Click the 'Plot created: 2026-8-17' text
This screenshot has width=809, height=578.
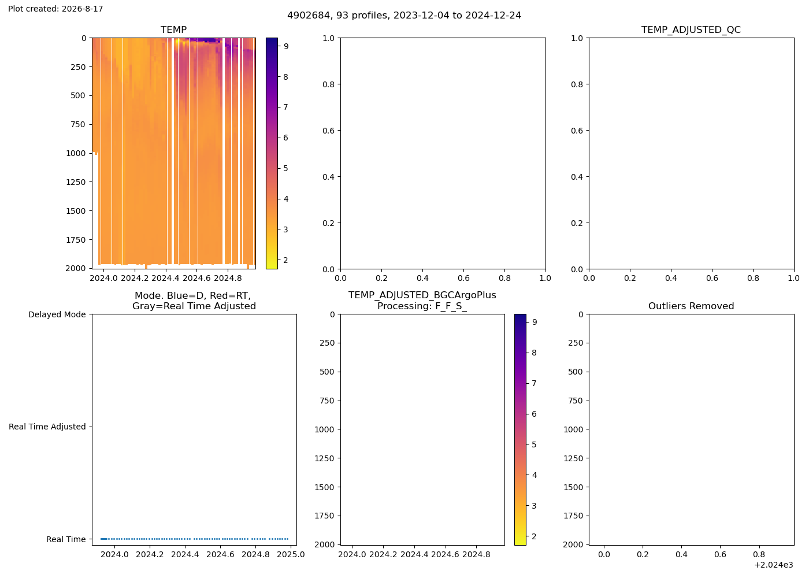(x=55, y=9)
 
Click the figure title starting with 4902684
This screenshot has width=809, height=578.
(x=404, y=16)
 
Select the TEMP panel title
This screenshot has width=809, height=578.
(x=174, y=29)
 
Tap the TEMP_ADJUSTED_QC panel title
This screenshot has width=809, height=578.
(x=691, y=29)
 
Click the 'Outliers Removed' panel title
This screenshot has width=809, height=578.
(x=691, y=306)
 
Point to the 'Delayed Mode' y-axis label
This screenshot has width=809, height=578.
(x=57, y=314)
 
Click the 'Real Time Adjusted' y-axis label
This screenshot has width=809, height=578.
(x=47, y=427)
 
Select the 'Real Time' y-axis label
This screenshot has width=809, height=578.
(x=66, y=539)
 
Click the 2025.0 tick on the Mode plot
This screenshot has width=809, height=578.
(x=291, y=554)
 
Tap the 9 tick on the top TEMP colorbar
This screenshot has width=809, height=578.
(x=286, y=46)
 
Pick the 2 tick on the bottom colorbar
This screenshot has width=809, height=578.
(x=534, y=536)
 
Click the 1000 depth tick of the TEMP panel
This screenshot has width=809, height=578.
(x=76, y=153)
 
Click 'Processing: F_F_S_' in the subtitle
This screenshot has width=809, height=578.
(x=422, y=306)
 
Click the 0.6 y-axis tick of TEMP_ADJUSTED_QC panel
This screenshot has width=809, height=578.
(x=577, y=131)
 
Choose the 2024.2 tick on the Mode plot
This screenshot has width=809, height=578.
(x=150, y=554)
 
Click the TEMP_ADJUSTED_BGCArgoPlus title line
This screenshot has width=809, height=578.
(x=422, y=295)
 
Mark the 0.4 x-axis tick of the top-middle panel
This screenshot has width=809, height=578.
(x=422, y=278)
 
